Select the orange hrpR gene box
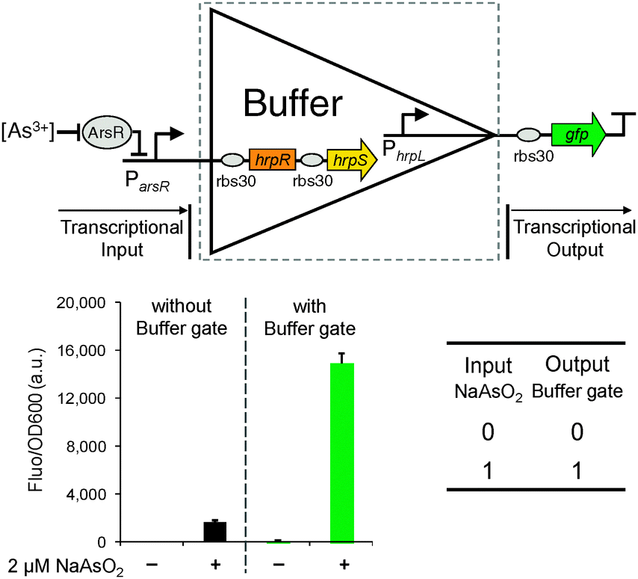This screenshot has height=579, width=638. click(x=268, y=159)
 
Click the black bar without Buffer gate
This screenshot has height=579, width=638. click(x=215, y=532)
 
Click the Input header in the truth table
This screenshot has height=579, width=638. click(x=488, y=365)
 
